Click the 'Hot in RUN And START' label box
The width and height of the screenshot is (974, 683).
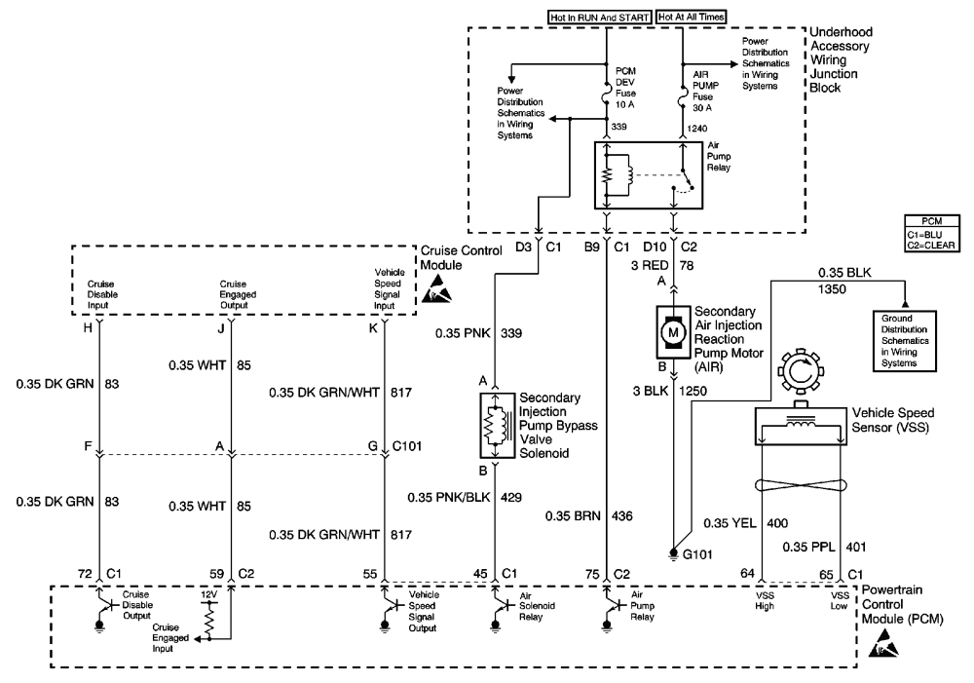pos(601,17)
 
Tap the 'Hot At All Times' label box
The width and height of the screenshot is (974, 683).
pos(693,17)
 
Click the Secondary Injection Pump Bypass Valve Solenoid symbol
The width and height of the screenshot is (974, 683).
pos(496,425)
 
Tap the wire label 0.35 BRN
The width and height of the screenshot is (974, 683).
pos(569,514)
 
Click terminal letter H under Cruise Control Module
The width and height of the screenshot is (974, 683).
pos(89,328)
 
